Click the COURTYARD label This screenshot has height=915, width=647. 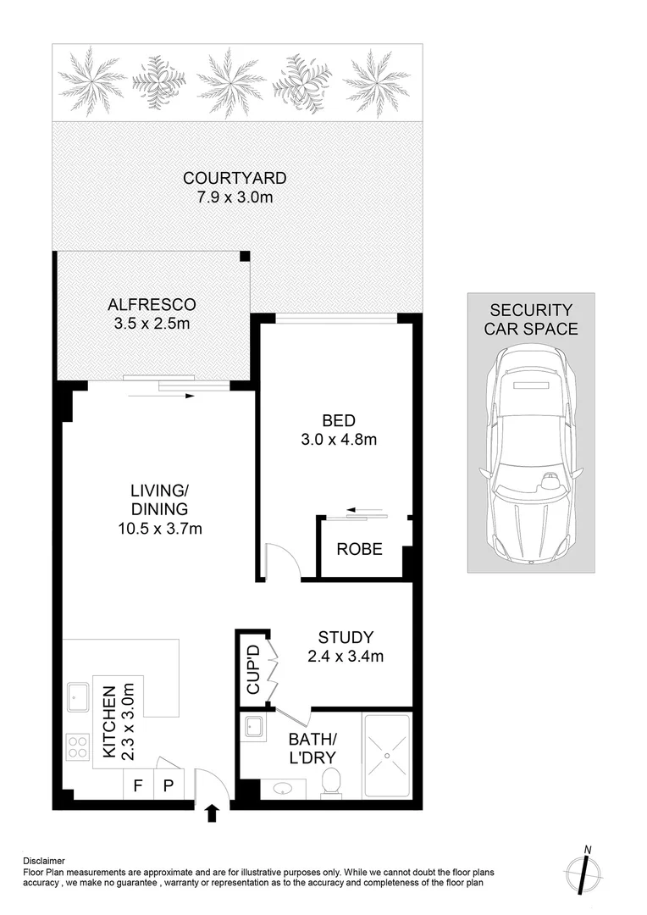(235, 179)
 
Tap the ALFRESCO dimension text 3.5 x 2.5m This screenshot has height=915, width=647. (152, 323)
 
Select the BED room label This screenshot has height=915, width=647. (338, 420)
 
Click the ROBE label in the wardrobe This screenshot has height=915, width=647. (359, 549)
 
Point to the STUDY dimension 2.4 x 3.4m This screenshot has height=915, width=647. (346, 656)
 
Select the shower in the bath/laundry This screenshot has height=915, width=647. (386, 756)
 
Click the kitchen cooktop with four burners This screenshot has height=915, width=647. (78, 748)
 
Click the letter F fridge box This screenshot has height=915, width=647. (137, 785)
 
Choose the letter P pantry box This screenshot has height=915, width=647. (168, 785)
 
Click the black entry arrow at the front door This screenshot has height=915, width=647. (211, 814)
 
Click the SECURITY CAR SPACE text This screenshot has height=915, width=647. (530, 319)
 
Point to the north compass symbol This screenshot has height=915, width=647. (583, 870)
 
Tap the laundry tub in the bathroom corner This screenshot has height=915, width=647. (252, 727)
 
